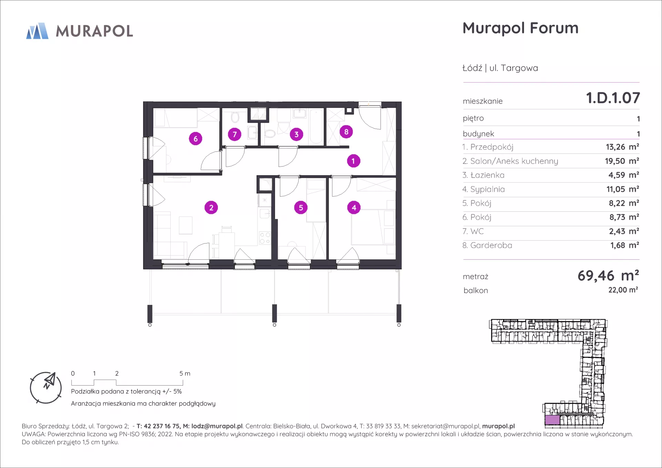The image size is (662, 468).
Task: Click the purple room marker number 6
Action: pyautogui.click(x=195, y=139)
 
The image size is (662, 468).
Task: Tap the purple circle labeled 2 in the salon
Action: pyautogui.click(x=211, y=208)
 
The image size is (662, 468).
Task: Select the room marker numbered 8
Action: pyautogui.click(x=346, y=132)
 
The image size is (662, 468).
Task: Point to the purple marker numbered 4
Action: pyautogui.click(x=354, y=208)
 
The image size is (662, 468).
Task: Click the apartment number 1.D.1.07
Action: pyautogui.click(x=613, y=98)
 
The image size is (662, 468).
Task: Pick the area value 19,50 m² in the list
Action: pyautogui.click(x=622, y=161)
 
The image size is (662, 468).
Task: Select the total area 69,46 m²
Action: pyautogui.click(x=609, y=276)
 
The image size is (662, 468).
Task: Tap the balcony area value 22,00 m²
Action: pyautogui.click(x=623, y=290)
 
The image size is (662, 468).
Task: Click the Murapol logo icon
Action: pyautogui.click(x=37, y=31)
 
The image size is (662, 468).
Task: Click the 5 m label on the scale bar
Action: pyautogui.click(x=185, y=374)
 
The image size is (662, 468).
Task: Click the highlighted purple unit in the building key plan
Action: pyautogui.click(x=552, y=420)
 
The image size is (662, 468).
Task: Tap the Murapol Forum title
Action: pyautogui.click(x=521, y=28)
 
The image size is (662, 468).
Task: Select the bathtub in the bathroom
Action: pyautogui.click(x=317, y=126)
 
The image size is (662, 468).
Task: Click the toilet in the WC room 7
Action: pyautogui.click(x=235, y=117)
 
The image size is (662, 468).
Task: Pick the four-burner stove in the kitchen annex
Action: pyautogui.click(x=265, y=238)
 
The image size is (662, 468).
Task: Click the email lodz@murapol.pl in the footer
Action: pyautogui.click(x=217, y=426)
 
